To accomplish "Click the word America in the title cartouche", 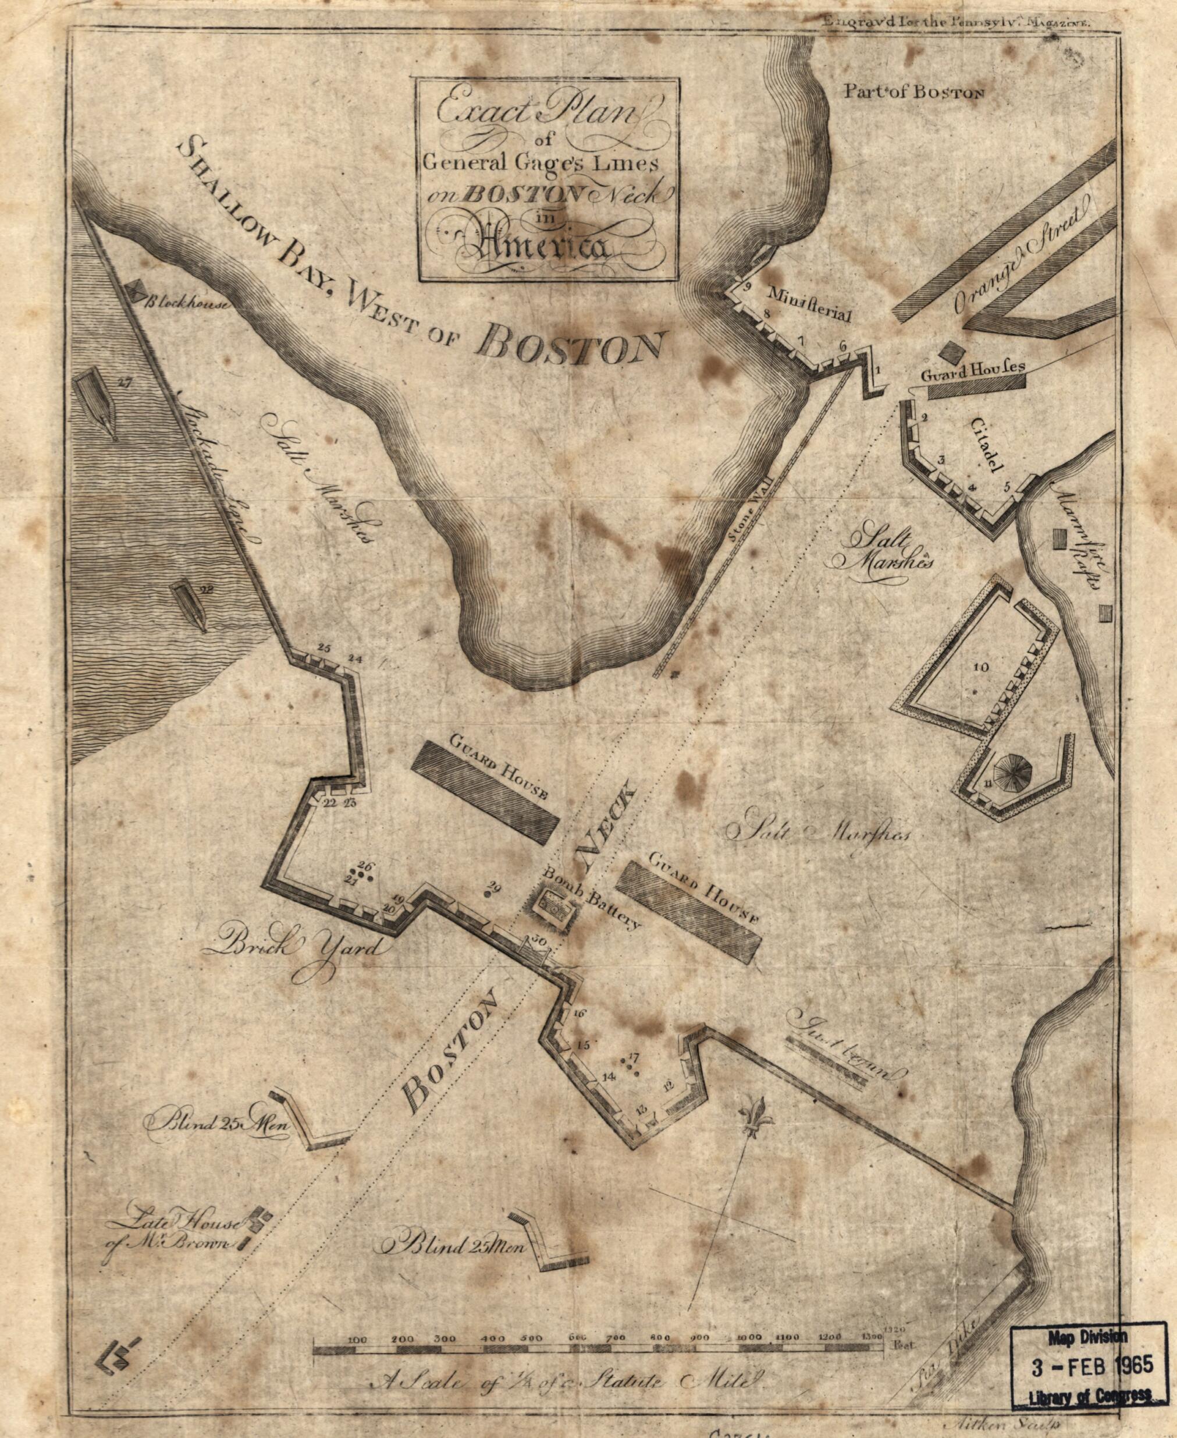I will [x=542, y=245].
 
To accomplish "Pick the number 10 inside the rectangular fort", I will [x=981, y=667].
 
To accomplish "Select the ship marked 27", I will [x=95, y=406].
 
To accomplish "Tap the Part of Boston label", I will [x=913, y=91].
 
